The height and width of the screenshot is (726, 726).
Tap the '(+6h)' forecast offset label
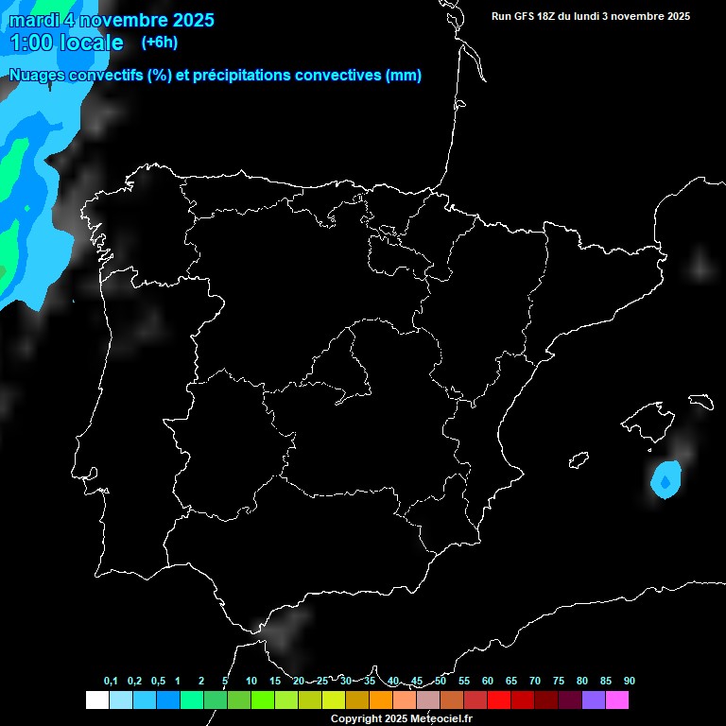159,42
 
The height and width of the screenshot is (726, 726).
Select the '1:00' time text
30,43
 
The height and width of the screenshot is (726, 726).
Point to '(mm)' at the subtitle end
404,76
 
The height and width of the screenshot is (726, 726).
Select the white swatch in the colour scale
96,700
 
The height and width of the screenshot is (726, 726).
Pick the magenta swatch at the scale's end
617,700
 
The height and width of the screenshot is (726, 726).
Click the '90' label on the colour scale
630,681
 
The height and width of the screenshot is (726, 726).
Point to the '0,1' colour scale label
111,681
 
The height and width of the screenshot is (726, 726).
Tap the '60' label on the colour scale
488,681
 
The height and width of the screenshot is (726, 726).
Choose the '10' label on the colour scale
251,681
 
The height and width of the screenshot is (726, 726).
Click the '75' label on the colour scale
559,681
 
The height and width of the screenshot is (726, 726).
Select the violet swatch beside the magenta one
594,700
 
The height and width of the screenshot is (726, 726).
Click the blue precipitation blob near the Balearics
665,480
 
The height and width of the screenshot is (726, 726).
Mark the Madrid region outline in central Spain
345,369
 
